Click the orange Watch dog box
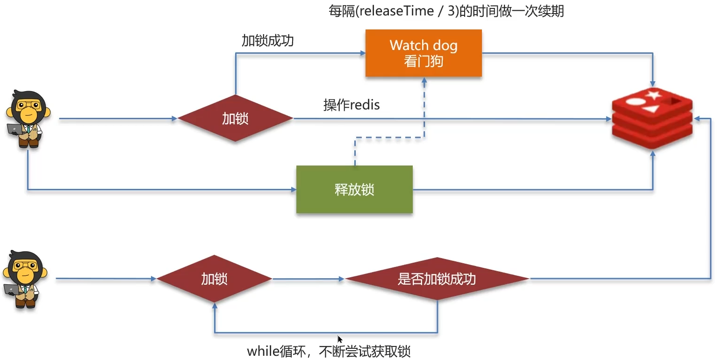(423, 52)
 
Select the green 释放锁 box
(354, 189)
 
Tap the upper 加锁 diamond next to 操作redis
(235, 119)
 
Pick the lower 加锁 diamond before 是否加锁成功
(214, 279)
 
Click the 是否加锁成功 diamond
(437, 279)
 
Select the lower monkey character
(23, 279)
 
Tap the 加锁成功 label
(267, 41)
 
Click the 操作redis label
(352, 105)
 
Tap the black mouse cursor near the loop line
(340, 339)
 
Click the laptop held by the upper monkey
(14, 129)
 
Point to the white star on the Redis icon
(653, 95)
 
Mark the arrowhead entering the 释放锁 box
(294, 189)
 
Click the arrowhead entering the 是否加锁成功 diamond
(342, 280)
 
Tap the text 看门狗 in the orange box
(423, 61)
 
